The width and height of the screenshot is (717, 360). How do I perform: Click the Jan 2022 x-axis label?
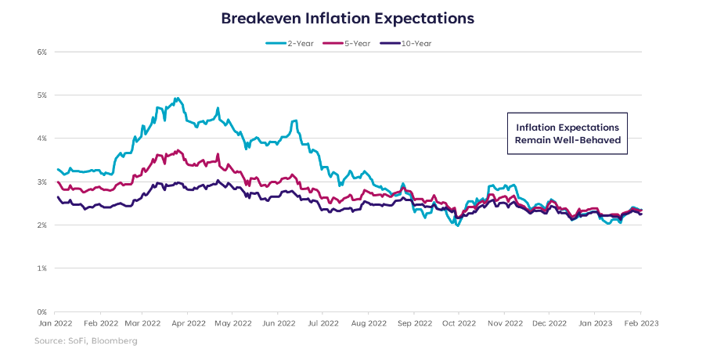(x=56, y=322)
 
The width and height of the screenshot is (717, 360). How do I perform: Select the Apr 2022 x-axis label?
(x=189, y=322)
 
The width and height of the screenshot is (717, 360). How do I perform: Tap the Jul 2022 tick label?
(x=322, y=322)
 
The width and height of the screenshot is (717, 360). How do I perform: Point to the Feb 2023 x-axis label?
(x=640, y=322)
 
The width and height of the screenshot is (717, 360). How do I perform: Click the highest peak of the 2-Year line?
(x=178, y=99)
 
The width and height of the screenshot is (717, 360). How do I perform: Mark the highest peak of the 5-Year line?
(x=178, y=150)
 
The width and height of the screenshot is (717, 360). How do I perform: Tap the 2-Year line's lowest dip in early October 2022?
(x=458, y=225)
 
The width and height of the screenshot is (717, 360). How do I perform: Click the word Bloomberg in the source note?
(x=113, y=341)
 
